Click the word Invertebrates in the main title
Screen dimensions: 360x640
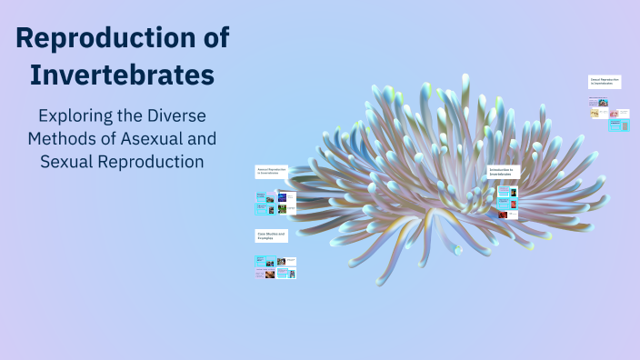click(122, 74)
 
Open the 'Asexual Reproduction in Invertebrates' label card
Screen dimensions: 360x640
click(272, 171)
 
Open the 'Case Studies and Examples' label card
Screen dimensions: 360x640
click(272, 235)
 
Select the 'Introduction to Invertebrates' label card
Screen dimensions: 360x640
click(503, 171)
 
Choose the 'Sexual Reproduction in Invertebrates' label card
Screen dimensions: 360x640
click(605, 83)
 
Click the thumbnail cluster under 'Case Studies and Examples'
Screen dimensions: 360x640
click(275, 266)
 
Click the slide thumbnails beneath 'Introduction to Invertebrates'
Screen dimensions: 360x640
click(507, 202)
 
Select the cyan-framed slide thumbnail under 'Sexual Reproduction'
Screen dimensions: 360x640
click(619, 126)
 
